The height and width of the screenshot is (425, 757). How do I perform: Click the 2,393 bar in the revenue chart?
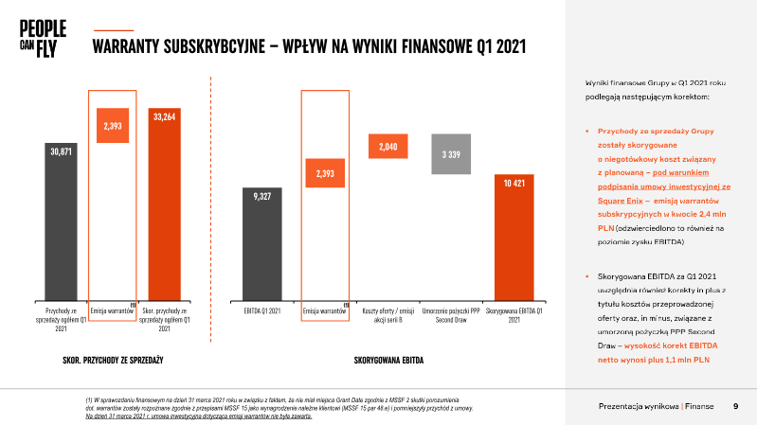(x=113, y=125)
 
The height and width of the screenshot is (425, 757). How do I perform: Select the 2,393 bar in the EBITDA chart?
(x=325, y=173)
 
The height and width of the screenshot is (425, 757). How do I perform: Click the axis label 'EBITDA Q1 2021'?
(x=262, y=310)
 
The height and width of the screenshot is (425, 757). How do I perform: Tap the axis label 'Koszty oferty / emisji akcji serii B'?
(x=388, y=314)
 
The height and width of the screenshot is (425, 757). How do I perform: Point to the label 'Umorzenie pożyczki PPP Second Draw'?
(x=451, y=314)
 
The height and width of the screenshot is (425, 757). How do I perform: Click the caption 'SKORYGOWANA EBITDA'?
(x=388, y=362)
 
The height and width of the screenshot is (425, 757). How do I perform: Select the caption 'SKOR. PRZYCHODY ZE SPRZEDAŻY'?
(x=107, y=362)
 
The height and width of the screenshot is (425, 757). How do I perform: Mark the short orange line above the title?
(x=115, y=29)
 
